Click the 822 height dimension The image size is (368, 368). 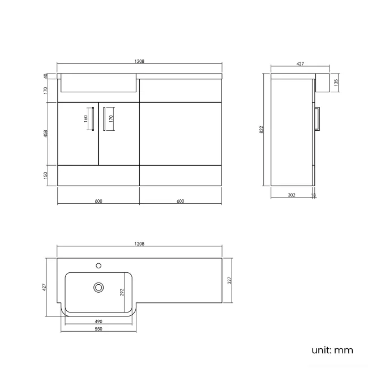pos(262,130)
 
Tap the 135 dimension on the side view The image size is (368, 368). pos(336,82)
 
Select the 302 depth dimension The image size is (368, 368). pos(291,195)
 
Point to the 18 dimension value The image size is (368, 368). pos(314,195)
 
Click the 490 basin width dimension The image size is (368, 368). pos(100,321)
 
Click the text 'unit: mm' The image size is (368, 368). pos(332,350)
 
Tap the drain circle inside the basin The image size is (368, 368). pos(99,288)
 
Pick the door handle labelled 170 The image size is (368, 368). pos(105,119)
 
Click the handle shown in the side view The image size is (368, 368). pos(318,118)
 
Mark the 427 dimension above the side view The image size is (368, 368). pos(299,65)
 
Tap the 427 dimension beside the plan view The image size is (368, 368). pos(45,287)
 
